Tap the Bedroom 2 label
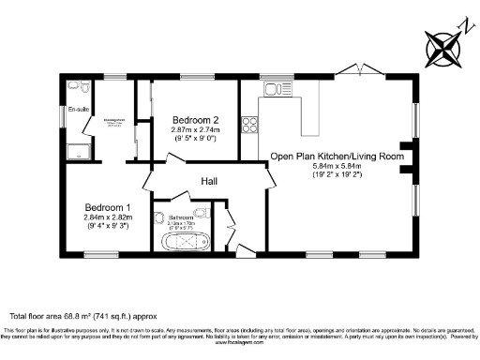(x=195, y=121)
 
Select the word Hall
(x=209, y=182)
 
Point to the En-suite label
(x=79, y=111)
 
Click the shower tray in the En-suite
(x=78, y=153)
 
